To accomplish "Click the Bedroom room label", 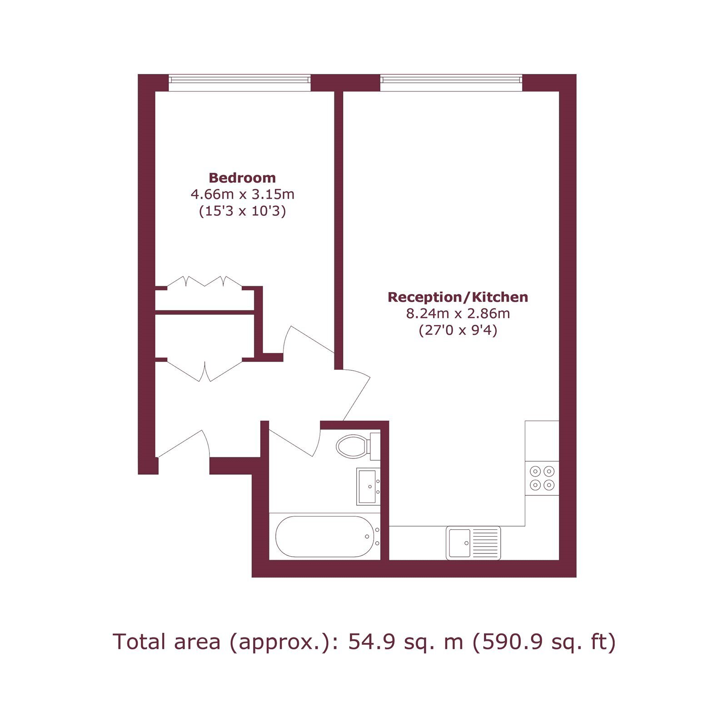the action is click(242, 178).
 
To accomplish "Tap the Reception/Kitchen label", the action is click(458, 297).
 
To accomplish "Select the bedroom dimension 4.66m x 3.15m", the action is click(242, 194).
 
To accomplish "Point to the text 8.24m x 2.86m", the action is click(458, 314).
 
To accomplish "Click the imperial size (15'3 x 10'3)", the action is click(242, 211).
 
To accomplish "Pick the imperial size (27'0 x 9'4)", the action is click(458, 330).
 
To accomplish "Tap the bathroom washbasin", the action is click(368, 487).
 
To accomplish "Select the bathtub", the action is click(325, 537).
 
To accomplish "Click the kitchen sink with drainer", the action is click(473, 543).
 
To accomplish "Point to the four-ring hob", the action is click(542, 478).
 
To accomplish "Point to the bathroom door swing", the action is click(295, 439).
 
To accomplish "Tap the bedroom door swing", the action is click(309, 341).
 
